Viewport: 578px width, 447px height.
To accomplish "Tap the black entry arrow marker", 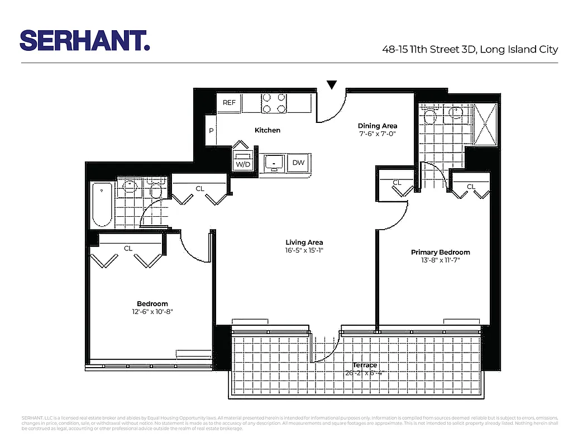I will click(332, 85).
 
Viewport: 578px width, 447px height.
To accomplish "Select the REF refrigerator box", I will click(229, 102).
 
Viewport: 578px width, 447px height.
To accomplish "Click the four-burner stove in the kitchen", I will click(274, 103).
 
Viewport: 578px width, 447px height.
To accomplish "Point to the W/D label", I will click(242, 164).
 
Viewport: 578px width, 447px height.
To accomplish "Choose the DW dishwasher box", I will click(298, 163).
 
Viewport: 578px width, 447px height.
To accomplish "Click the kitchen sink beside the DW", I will click(274, 163).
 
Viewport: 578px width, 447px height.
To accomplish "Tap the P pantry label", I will click(211, 131).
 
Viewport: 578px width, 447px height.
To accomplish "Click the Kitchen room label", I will click(267, 130).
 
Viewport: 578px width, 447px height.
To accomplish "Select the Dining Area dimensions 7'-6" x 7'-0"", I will click(378, 134).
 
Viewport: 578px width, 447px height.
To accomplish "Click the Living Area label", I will click(304, 242).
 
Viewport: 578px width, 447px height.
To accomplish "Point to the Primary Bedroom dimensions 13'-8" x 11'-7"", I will click(441, 260).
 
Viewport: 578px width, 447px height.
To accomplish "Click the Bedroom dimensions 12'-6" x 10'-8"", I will click(149, 312).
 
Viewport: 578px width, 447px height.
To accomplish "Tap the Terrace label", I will click(365, 365).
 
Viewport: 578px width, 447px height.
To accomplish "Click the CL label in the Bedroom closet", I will click(128, 248).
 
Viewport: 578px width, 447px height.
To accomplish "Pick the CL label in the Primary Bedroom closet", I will click(471, 187).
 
